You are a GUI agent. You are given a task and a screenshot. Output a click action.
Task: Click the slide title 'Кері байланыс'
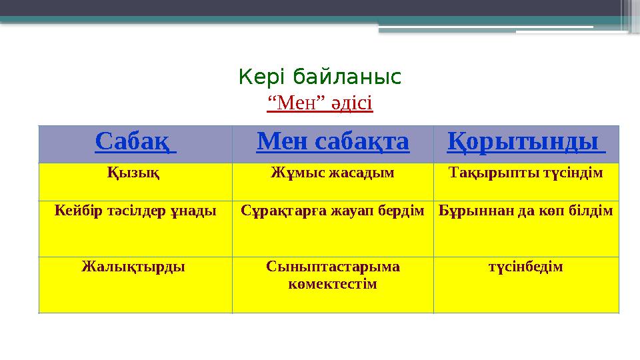(319, 78)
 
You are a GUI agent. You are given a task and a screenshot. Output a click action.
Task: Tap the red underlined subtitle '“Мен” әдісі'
(319, 103)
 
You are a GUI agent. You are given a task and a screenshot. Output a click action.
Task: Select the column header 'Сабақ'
(135, 141)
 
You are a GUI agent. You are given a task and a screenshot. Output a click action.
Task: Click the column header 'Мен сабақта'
(332, 141)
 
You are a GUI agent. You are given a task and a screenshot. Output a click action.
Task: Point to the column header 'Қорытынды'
(525, 141)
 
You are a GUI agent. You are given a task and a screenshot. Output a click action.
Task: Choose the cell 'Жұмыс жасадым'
(332, 173)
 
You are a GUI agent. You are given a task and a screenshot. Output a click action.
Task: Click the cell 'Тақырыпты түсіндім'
(526, 173)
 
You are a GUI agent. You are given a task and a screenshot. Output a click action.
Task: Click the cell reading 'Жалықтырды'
(133, 267)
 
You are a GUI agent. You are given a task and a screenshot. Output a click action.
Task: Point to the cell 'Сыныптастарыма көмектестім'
(333, 275)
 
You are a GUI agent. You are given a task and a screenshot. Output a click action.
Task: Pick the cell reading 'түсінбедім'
(525, 267)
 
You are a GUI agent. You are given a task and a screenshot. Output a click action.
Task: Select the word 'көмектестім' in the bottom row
(333, 284)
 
